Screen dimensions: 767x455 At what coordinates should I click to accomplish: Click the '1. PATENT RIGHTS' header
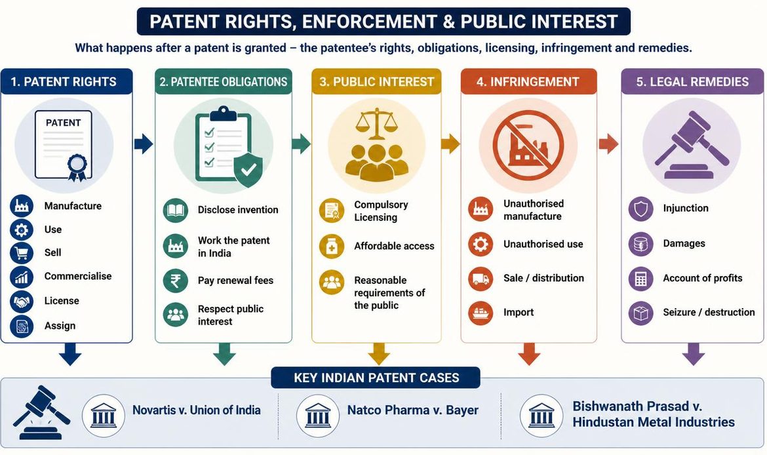[x=66, y=81]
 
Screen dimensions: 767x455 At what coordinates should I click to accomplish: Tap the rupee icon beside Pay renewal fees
[x=175, y=281]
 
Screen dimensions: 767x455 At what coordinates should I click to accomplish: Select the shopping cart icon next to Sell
[x=22, y=252]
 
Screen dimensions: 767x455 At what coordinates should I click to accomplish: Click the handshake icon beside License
[x=22, y=301]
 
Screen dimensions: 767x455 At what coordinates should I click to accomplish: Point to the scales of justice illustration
[x=376, y=125]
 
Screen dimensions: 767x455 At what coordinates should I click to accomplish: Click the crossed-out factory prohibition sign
[x=528, y=145]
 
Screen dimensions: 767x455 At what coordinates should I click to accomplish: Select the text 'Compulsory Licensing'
[x=381, y=211]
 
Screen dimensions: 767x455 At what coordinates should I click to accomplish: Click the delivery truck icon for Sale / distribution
[x=481, y=279]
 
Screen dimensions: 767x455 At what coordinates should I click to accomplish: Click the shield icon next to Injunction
[x=640, y=209]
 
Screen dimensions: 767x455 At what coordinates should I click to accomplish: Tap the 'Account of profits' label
[x=703, y=278]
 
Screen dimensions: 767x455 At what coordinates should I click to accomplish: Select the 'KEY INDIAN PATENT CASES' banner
[x=376, y=378]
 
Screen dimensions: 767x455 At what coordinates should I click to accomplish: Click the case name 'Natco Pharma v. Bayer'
[x=413, y=410]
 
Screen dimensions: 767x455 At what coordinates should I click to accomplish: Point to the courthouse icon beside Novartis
[x=104, y=416]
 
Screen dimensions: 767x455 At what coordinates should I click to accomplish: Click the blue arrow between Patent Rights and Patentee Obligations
[x=144, y=144]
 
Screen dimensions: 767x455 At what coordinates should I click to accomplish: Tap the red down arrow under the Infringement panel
[x=529, y=354]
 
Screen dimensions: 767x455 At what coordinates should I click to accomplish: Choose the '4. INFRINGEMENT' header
[x=528, y=81]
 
